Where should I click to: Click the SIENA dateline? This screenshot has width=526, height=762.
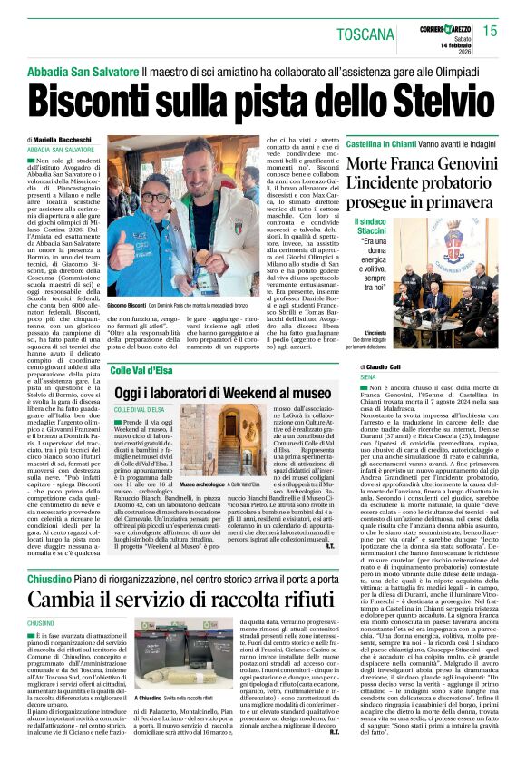coord(368,376)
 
